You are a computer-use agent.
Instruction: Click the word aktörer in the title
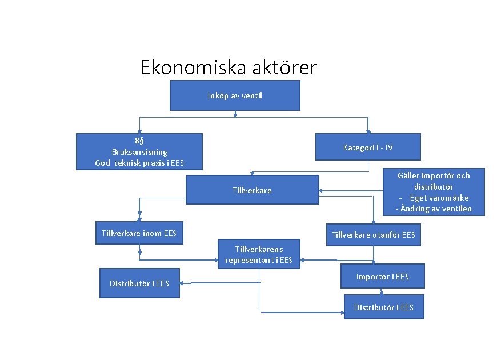tap(283, 68)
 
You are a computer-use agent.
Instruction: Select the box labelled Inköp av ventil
tap(235, 95)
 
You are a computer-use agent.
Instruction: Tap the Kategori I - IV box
tap(368, 147)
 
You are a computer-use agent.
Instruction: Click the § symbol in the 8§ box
tap(142, 141)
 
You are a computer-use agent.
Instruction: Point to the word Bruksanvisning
tap(139, 152)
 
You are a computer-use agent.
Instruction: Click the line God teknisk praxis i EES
tap(139, 163)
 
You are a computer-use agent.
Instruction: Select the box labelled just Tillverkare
tap(252, 190)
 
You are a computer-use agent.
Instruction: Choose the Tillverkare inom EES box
tap(139, 233)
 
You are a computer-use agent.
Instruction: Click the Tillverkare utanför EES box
tap(373, 235)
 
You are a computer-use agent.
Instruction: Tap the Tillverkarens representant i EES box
tap(259, 254)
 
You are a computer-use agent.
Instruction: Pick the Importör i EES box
tap(382, 277)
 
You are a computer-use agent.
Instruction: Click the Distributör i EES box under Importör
tap(383, 307)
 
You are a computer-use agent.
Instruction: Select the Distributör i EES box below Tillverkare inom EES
tap(139, 283)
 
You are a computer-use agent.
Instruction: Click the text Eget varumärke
tap(439, 198)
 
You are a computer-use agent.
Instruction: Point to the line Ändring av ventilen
tap(434, 209)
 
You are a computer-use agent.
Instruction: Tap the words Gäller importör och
tap(434, 175)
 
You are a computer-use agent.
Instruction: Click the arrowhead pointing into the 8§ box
tap(139, 131)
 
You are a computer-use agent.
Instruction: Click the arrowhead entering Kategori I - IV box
tap(368, 131)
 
